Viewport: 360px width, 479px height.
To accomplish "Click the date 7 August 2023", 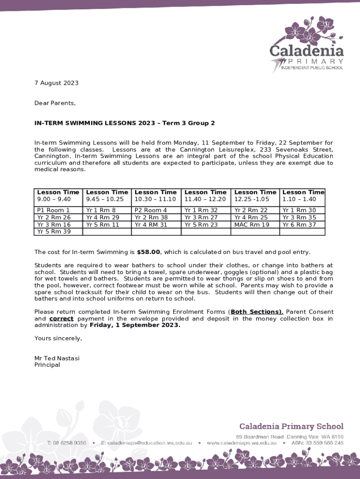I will tap(57, 83).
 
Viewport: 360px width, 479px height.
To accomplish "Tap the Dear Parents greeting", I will tap(55, 103).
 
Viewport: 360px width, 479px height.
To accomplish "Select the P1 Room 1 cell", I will tap(53, 210).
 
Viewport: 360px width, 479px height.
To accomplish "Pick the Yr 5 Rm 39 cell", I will tap(54, 232).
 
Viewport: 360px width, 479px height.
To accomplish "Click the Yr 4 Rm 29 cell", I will tap(102, 218).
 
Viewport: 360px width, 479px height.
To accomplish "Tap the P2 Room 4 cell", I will tap(151, 210).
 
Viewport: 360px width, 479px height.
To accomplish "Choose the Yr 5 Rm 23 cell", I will tap(201, 225).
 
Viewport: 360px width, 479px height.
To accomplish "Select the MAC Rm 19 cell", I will tap(252, 225).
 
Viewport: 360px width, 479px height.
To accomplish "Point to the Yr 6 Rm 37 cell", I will tap(299, 225).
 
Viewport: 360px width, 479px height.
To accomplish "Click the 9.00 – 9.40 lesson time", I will tap(54, 199).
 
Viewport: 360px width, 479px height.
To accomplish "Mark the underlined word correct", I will tap(61, 319).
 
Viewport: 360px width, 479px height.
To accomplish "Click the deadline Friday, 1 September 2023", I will tap(135, 326).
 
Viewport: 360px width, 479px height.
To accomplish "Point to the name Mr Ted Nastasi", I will tap(57, 358).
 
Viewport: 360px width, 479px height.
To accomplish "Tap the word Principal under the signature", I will tap(47, 365).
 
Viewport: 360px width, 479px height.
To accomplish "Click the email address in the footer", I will tap(145, 443).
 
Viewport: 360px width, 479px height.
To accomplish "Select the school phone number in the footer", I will tap(66, 443).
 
